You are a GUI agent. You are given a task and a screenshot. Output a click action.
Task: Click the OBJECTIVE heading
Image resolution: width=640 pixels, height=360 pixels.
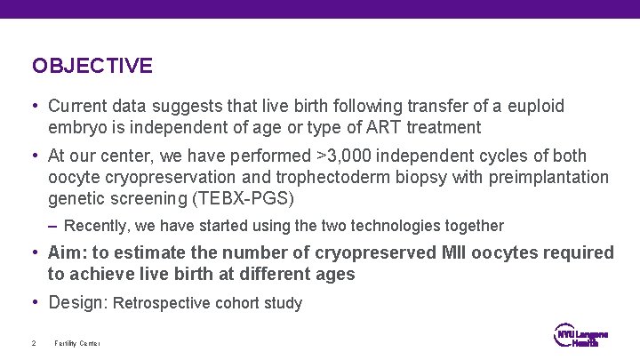92,66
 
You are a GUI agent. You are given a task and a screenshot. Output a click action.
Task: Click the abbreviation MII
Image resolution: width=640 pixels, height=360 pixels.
459,253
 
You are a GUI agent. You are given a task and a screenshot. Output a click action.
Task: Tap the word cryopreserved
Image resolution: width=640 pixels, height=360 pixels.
378,253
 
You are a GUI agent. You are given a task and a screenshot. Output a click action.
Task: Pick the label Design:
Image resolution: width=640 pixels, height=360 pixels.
78,302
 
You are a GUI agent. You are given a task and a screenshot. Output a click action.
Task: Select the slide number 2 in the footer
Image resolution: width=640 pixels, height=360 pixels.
33,343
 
